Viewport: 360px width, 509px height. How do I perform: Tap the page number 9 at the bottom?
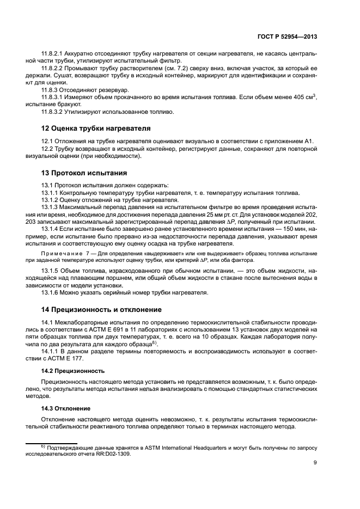click(x=315, y=463)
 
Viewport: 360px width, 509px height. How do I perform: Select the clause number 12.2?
click(x=48, y=149)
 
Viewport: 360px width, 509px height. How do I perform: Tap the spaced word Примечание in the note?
click(x=61, y=255)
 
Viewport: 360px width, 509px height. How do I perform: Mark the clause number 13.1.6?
click(x=51, y=292)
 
